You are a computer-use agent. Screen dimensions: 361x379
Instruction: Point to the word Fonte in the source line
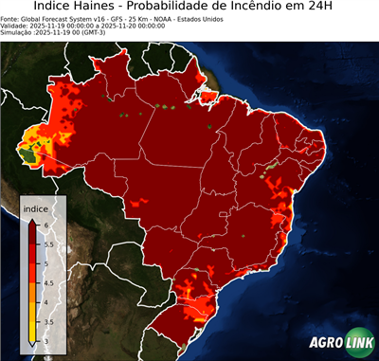(11, 18)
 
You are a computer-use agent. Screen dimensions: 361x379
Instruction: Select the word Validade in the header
(16, 26)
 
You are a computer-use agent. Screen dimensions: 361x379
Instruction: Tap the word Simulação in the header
(18, 33)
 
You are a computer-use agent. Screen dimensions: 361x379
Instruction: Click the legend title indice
(35, 208)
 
